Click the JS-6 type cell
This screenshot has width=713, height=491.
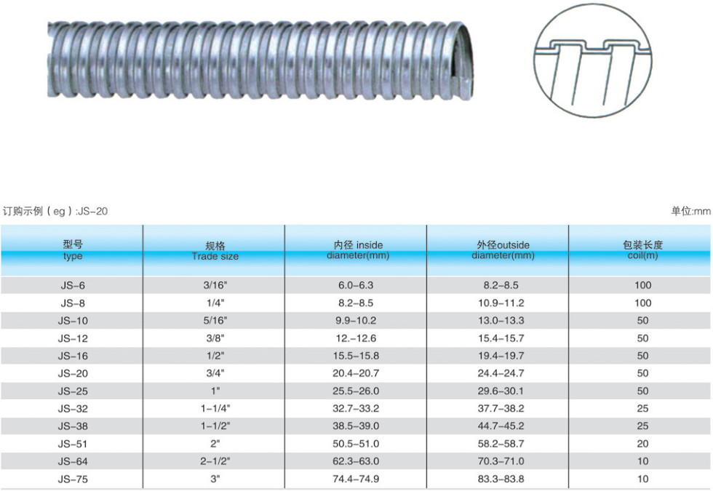click(73, 285)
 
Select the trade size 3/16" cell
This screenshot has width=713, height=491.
click(215, 285)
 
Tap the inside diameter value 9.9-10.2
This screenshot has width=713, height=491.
click(356, 321)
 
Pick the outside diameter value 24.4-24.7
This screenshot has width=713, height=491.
click(501, 373)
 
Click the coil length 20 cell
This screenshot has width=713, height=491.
click(642, 444)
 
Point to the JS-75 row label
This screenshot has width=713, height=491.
click(73, 479)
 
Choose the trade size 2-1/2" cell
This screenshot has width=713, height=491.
click(215, 461)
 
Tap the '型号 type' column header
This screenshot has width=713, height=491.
click(73, 250)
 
